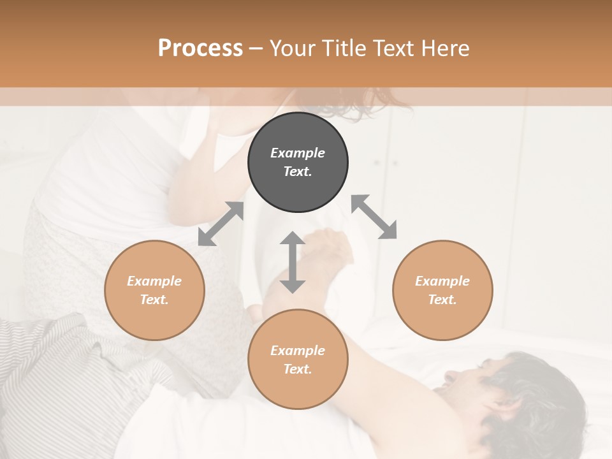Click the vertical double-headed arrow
click(293, 262)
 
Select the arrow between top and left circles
click(221, 224)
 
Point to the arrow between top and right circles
click(374, 217)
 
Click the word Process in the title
click(200, 48)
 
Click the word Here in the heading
click(446, 48)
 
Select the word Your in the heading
click(291, 48)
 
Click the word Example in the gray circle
click(298, 153)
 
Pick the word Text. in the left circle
click(154, 300)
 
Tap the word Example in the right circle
click(442, 281)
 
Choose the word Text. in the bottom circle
click(298, 369)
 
